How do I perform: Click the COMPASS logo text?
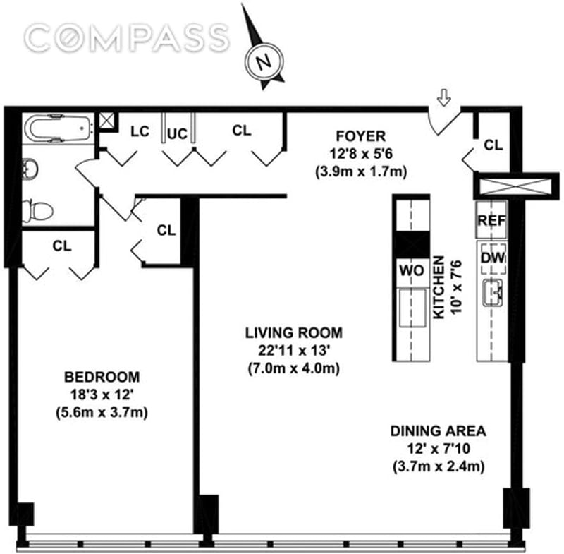(127, 36)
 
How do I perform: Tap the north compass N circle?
(265, 61)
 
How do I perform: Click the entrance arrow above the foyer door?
(443, 100)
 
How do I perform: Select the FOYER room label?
(360, 136)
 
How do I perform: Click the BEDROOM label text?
(101, 376)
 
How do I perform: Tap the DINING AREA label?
(439, 430)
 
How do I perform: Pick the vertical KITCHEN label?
(439, 289)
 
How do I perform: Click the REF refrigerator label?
(491, 220)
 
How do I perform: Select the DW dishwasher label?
(493, 258)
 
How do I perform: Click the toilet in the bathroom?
(39, 210)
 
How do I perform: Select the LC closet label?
(140, 131)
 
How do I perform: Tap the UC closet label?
(178, 134)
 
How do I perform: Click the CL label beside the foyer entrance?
(493, 145)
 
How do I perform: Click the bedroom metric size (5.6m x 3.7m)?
(101, 413)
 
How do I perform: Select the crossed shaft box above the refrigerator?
(511, 186)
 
